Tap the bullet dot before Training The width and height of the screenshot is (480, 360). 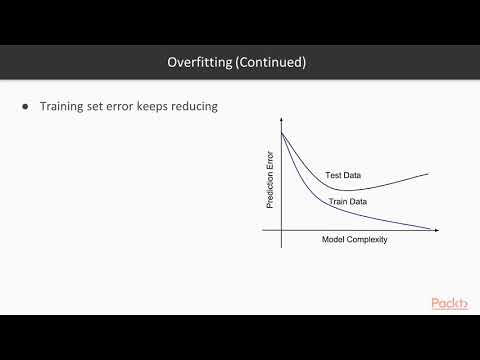(26, 107)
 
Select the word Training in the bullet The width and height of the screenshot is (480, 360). (65, 107)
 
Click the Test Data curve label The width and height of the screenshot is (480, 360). (343, 176)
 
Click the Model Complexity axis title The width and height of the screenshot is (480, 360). (354, 240)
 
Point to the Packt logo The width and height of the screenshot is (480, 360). (450, 304)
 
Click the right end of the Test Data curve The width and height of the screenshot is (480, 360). (428, 173)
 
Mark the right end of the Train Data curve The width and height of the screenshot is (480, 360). (432, 229)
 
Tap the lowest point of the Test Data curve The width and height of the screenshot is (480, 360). (345, 190)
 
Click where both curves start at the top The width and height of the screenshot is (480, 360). (282, 133)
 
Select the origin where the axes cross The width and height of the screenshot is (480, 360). (282, 230)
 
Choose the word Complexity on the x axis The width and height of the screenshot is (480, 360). (366, 240)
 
